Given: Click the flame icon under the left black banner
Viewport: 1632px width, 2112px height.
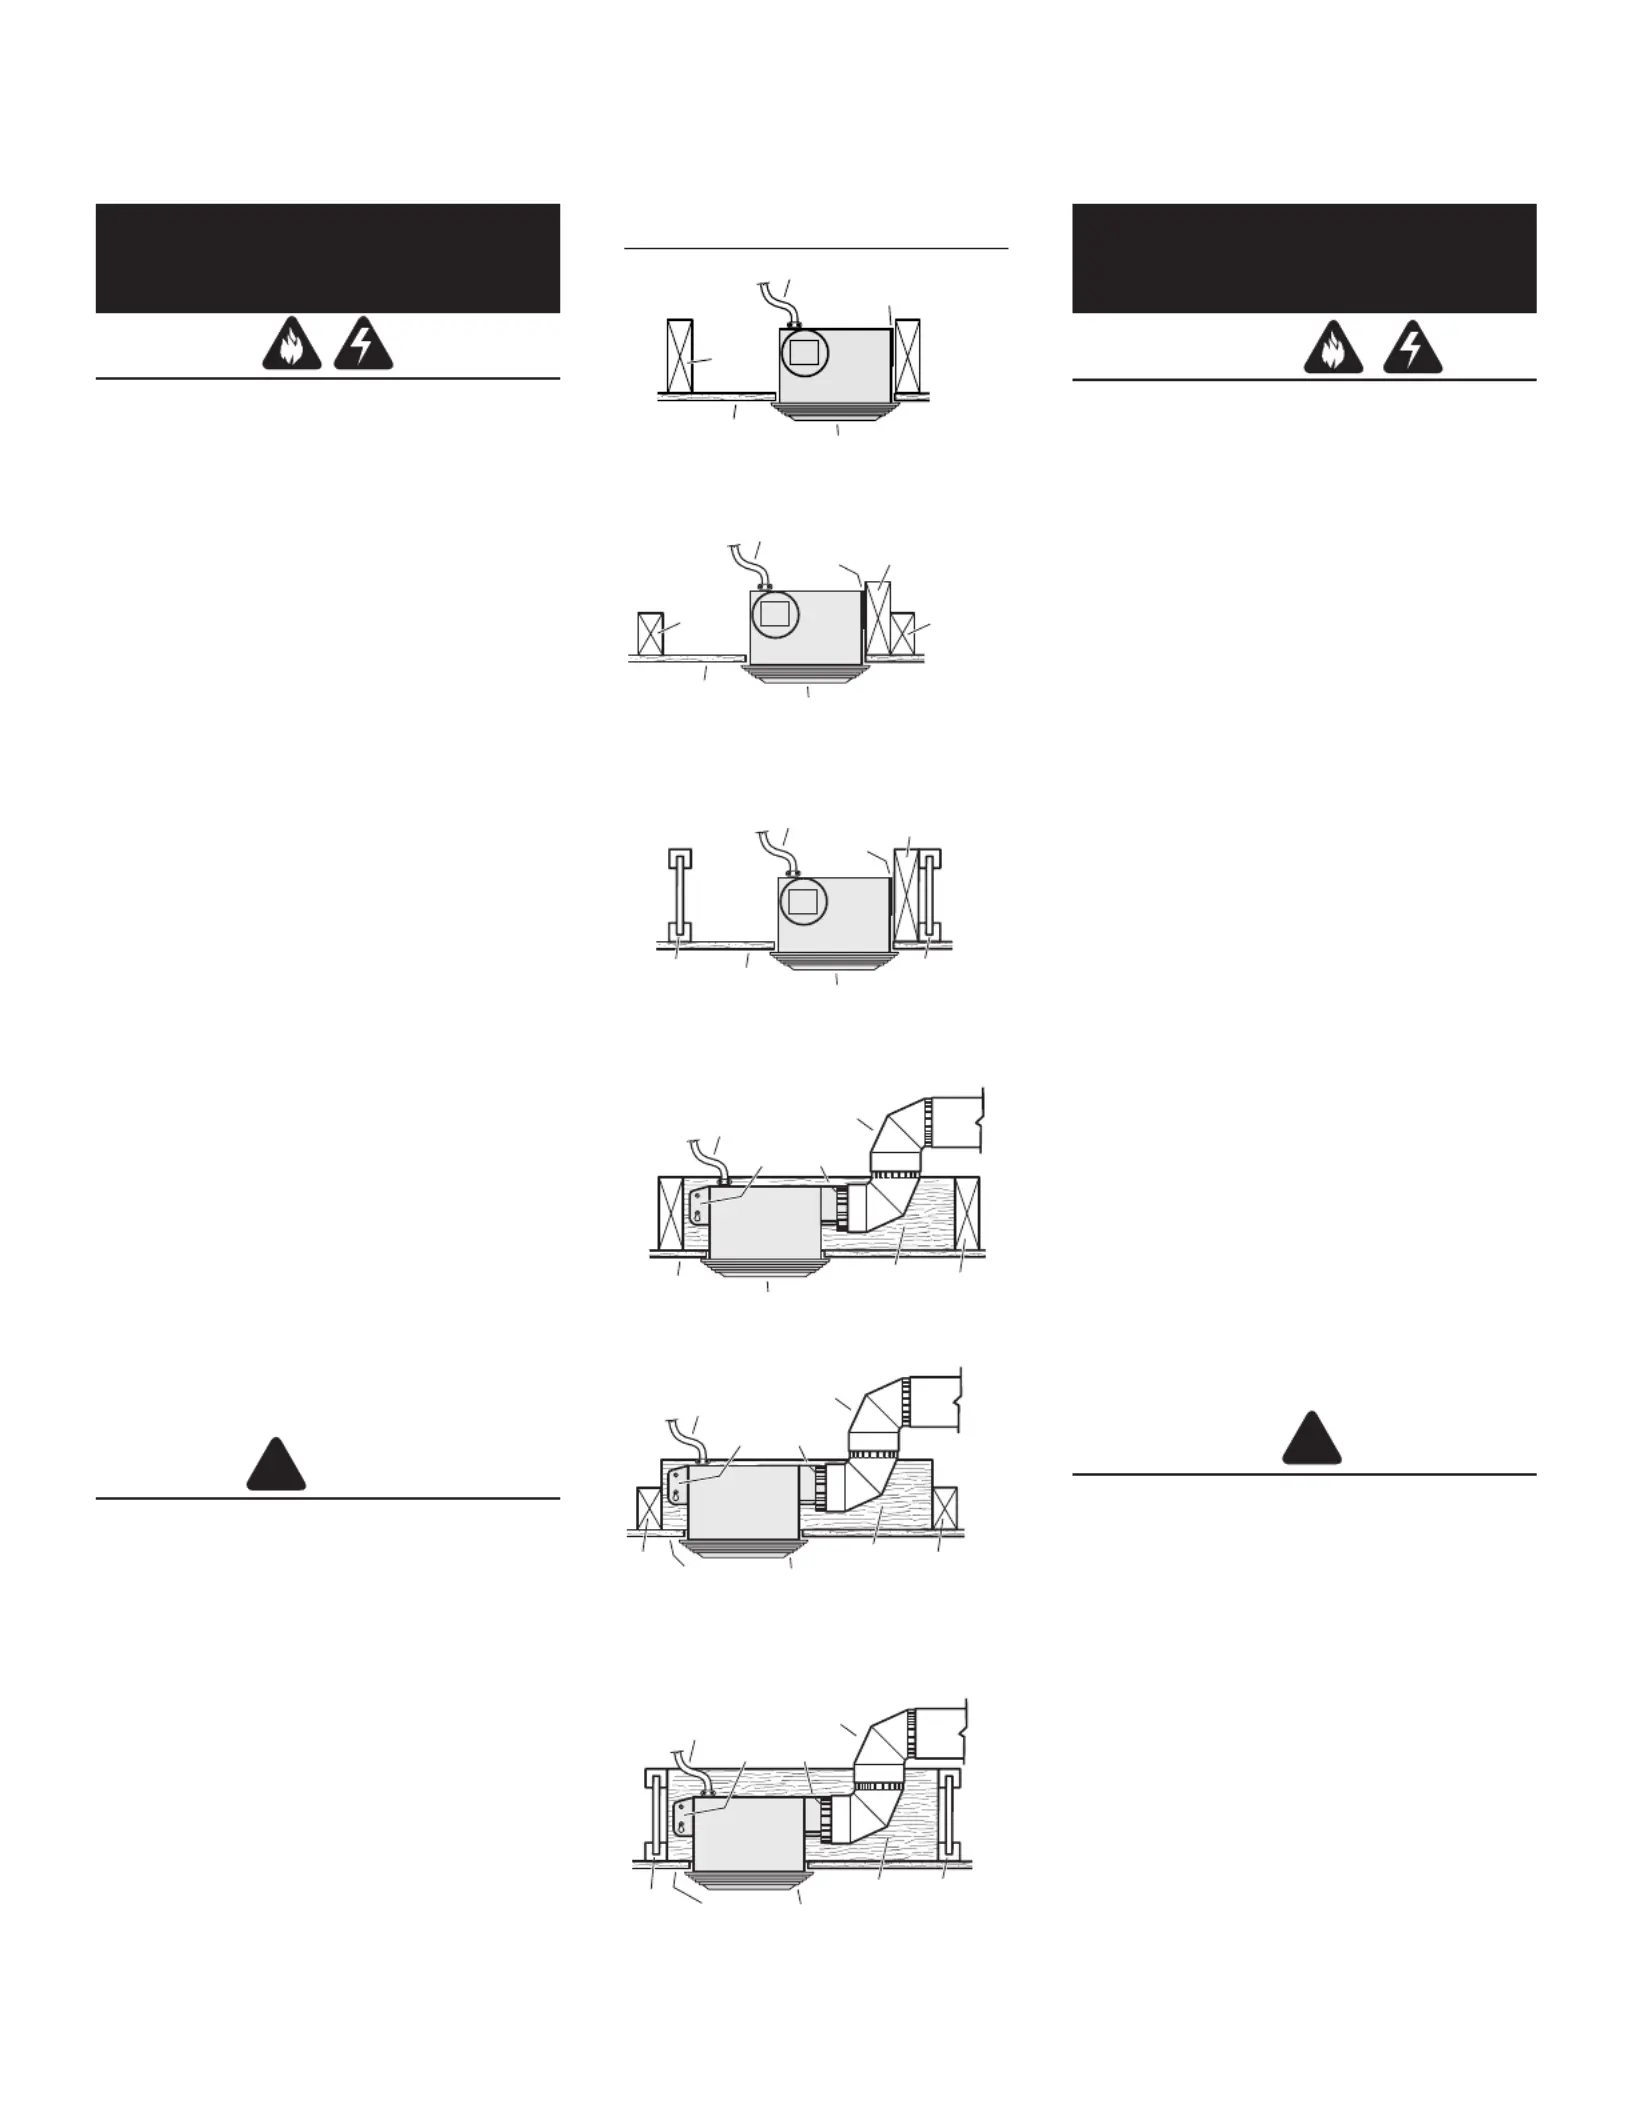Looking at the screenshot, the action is point(292,348).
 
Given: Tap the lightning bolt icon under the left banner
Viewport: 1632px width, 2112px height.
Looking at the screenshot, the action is point(363,348).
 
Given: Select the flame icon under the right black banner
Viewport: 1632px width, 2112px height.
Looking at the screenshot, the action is point(1333,350).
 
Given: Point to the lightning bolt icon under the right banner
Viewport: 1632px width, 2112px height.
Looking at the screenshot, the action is point(1412,350).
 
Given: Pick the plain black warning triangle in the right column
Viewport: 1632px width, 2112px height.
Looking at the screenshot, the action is point(1312,1440).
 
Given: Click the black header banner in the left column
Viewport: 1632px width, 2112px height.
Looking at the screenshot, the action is point(327,258).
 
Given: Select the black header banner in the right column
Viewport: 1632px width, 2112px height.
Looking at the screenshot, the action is point(1304,258).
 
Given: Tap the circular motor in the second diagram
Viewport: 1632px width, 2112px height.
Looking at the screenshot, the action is point(775,614).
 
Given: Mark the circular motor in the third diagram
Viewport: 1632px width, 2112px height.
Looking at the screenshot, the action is point(803,901).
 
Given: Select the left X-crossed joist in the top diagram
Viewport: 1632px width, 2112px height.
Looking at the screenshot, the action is point(679,356).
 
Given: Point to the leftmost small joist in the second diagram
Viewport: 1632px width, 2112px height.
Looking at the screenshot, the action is point(650,633).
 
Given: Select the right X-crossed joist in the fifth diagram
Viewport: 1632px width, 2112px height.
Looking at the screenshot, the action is point(944,1509).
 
